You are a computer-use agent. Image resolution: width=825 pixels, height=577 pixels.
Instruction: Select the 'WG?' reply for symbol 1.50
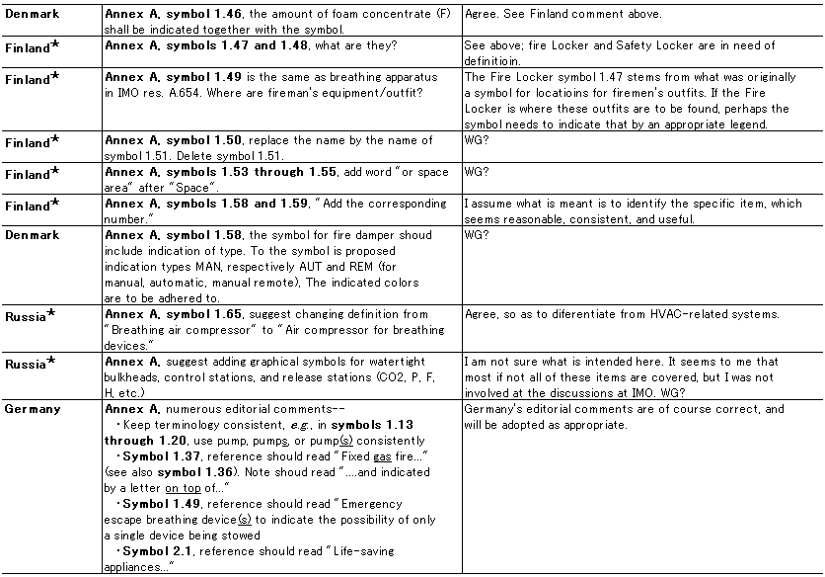coord(477,140)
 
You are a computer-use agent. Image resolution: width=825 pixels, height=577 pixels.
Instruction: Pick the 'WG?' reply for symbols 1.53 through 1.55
coord(477,172)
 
